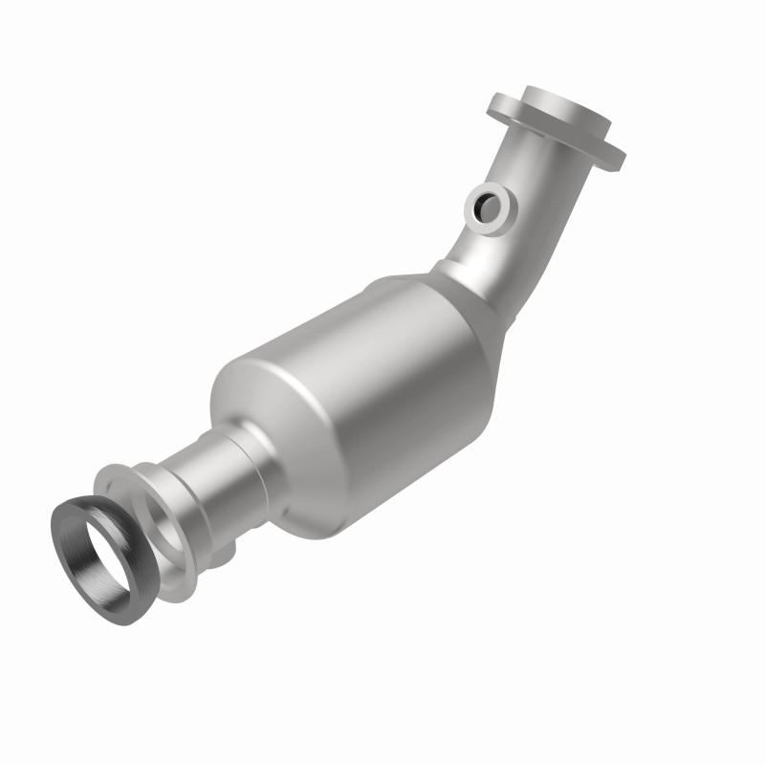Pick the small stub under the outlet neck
tap(226, 552)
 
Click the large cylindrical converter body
tap(363, 402)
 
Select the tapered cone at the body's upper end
tap(459, 316)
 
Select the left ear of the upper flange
tap(503, 106)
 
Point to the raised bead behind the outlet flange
tap(153, 473)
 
